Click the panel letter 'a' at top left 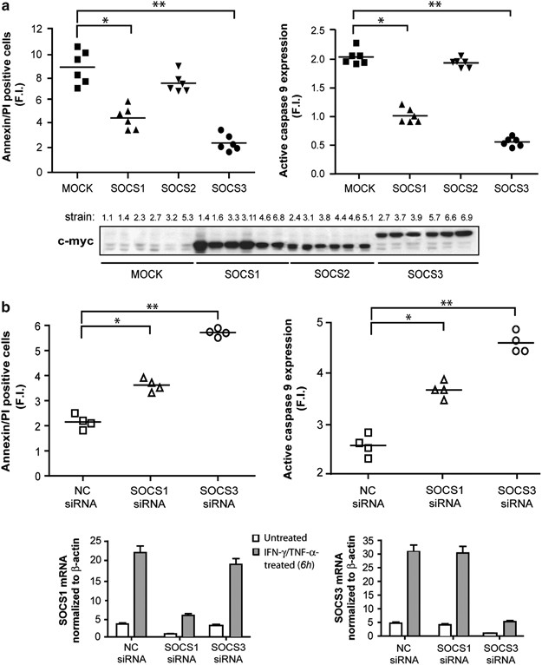click(x=6, y=7)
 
